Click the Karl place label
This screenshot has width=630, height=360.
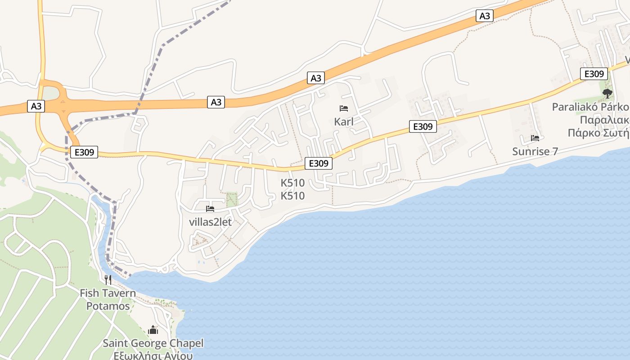tap(343, 121)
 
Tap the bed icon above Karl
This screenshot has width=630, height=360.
tap(344, 108)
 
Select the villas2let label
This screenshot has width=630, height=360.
tap(210, 222)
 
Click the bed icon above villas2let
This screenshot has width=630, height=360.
tap(210, 209)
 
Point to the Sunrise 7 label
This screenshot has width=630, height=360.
tap(535, 151)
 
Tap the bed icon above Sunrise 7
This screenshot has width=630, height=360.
tap(535, 138)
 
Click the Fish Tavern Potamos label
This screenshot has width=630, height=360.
tap(108, 300)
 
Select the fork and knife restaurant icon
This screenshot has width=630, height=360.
tap(108, 280)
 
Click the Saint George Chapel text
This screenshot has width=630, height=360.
tap(153, 343)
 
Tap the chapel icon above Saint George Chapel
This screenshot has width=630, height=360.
tap(153, 330)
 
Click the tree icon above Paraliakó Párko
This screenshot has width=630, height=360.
tap(607, 94)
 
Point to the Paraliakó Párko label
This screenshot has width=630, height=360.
tap(590, 107)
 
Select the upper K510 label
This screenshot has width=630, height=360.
tap(292, 183)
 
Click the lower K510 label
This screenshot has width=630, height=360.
tap(292, 196)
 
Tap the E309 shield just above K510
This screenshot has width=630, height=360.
tap(319, 163)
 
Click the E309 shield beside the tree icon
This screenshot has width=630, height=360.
tap(594, 74)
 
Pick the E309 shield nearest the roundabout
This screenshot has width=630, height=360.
tap(84, 152)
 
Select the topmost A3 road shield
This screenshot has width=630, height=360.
tap(485, 16)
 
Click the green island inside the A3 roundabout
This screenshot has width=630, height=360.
tap(50, 94)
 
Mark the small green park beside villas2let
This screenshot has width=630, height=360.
tap(232, 199)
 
